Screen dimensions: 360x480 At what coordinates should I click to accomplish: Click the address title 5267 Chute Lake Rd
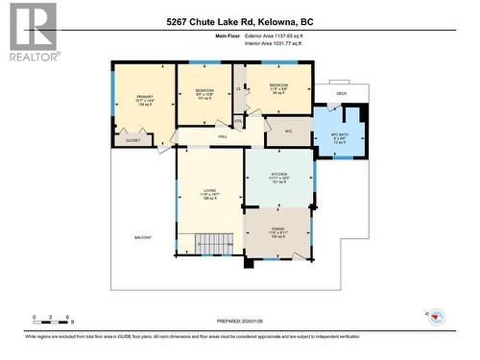[239, 21]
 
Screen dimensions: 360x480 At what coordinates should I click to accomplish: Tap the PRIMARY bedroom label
[143, 97]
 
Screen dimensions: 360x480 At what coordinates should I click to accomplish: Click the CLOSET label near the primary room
[132, 140]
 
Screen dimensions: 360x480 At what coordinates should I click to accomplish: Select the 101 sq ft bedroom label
[204, 93]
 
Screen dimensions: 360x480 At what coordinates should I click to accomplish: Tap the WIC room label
[289, 132]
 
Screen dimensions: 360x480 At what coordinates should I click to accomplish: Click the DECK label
[342, 93]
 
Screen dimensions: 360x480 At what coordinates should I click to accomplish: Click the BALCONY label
[143, 237]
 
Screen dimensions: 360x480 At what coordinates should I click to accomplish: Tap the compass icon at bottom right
[435, 316]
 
